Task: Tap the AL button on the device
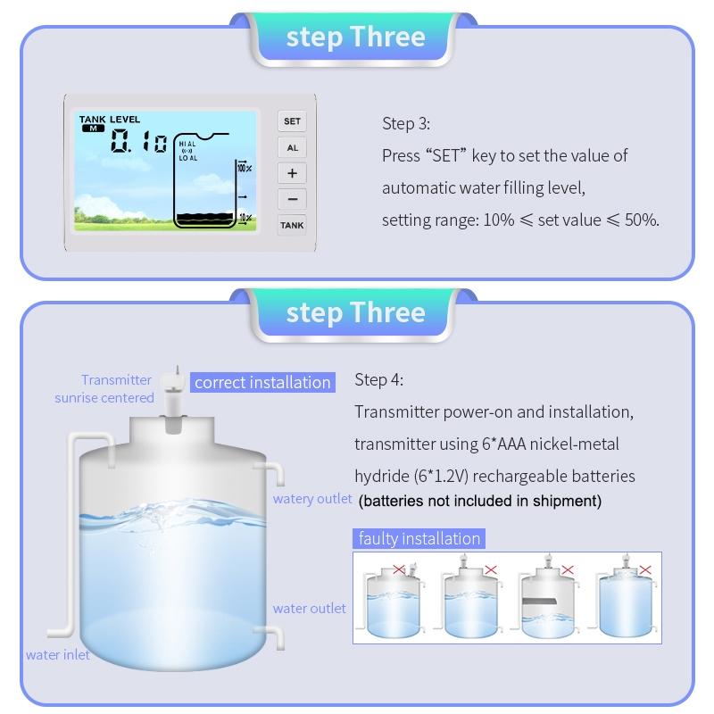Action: point(292,147)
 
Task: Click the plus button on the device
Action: point(292,173)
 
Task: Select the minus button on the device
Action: point(292,199)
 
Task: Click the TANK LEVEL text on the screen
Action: point(109,120)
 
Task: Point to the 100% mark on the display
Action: point(244,168)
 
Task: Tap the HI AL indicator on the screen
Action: point(187,144)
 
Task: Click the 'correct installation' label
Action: point(262,383)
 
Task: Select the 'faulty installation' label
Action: point(419,539)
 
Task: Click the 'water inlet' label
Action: point(57,655)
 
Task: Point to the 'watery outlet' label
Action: point(312,499)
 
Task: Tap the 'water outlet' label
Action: point(309,609)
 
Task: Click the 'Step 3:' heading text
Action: point(406,123)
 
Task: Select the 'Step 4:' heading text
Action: point(378,379)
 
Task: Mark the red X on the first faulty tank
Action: point(399,569)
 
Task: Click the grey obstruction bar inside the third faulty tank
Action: point(540,601)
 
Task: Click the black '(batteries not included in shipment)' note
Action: point(480,501)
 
